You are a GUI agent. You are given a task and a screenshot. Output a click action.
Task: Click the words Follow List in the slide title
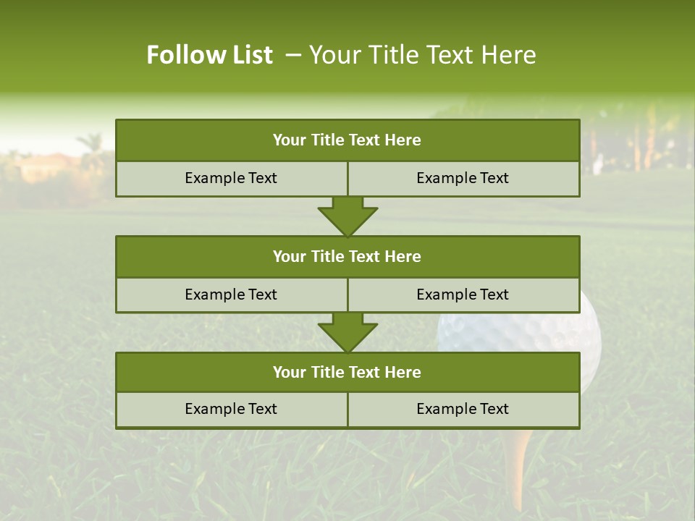pyautogui.click(x=209, y=55)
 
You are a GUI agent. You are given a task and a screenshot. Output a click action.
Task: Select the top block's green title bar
pyautogui.click(x=347, y=140)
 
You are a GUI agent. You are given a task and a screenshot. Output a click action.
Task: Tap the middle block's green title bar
pyautogui.click(x=347, y=256)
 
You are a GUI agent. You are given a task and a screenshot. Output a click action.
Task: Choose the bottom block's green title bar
pyautogui.click(x=347, y=372)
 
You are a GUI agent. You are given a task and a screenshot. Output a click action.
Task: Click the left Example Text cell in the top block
pyautogui.click(x=231, y=178)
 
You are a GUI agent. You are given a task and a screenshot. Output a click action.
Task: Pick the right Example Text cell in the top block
pyautogui.click(x=463, y=178)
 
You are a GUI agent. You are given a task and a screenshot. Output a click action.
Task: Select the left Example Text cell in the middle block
pyautogui.click(x=231, y=295)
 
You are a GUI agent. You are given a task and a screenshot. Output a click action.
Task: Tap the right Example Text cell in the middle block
pyautogui.click(x=463, y=295)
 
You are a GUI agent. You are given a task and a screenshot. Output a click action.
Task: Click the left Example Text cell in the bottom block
pyautogui.click(x=231, y=409)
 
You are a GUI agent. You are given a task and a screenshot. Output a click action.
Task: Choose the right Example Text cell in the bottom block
pyautogui.click(x=463, y=409)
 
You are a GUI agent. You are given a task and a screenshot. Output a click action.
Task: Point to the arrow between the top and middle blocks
pyautogui.click(x=347, y=216)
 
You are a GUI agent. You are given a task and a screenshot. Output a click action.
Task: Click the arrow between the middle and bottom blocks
pyautogui.click(x=347, y=332)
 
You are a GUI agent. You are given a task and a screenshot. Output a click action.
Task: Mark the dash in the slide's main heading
pyautogui.click(x=293, y=55)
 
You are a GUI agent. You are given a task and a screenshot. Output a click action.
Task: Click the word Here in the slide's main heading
pyautogui.click(x=509, y=55)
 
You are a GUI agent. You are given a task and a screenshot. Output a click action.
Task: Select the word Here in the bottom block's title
pyautogui.click(x=403, y=372)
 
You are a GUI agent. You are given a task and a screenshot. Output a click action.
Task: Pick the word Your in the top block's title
pyautogui.click(x=290, y=140)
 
